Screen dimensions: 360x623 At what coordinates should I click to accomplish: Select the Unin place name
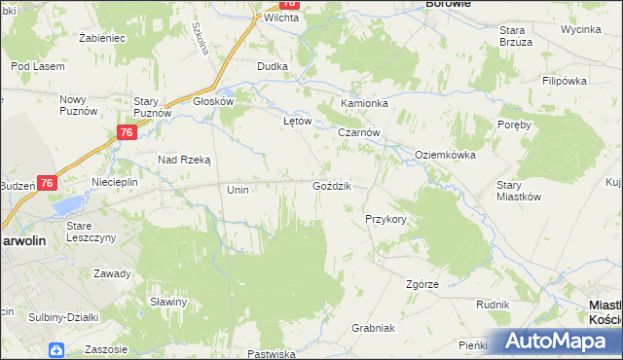click(x=238, y=190)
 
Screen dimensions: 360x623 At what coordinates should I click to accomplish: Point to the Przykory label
click(x=385, y=219)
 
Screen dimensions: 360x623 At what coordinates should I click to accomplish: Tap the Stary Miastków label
click(x=518, y=190)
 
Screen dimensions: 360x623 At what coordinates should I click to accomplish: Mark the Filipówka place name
click(x=568, y=81)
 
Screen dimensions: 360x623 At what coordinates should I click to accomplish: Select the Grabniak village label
click(x=373, y=328)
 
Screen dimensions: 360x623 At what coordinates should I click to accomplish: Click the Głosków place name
click(x=213, y=100)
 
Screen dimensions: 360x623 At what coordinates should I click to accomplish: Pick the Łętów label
click(x=296, y=122)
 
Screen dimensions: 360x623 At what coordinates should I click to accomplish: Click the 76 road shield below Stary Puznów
click(x=126, y=132)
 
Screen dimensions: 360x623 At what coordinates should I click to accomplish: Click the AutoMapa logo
click(x=558, y=342)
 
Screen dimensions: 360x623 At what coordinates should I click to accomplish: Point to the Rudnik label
click(x=493, y=305)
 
